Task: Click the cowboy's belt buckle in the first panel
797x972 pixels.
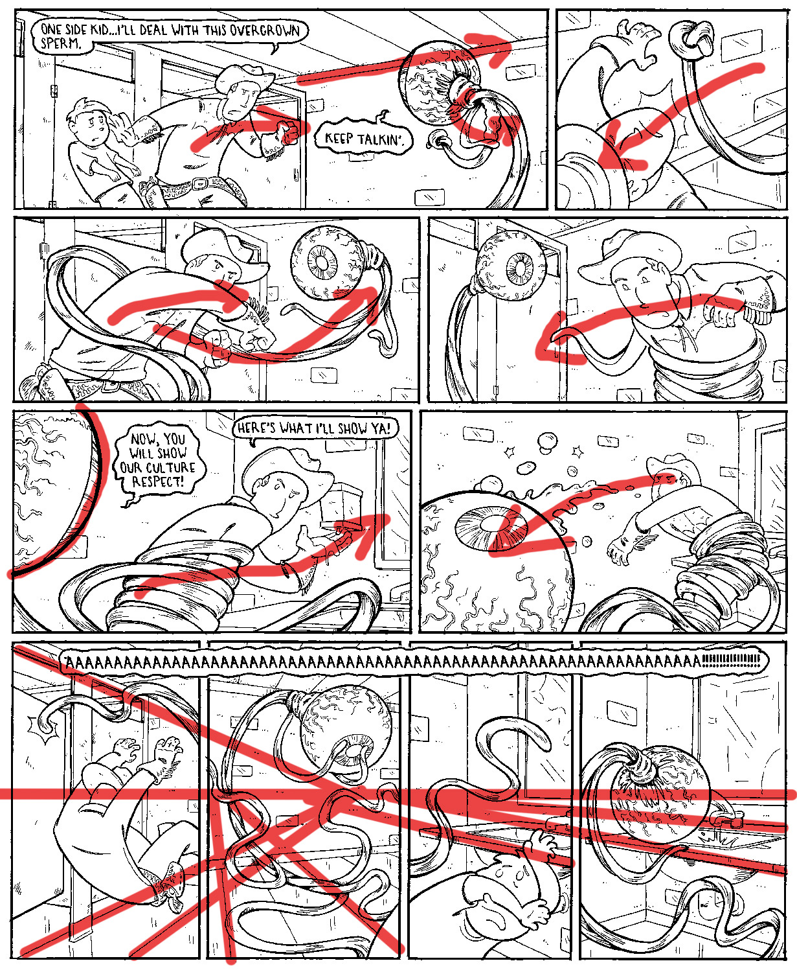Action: [x=199, y=183]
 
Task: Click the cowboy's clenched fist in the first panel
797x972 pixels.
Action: [x=289, y=133]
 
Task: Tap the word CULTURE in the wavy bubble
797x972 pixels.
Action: [x=157, y=468]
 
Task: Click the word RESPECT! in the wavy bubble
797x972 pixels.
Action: [x=158, y=482]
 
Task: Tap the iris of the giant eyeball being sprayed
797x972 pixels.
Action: [x=491, y=527]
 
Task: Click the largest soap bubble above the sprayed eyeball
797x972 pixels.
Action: [x=548, y=441]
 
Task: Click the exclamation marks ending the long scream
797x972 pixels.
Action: [x=732, y=662]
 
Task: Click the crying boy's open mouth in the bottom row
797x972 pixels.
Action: [x=497, y=920]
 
